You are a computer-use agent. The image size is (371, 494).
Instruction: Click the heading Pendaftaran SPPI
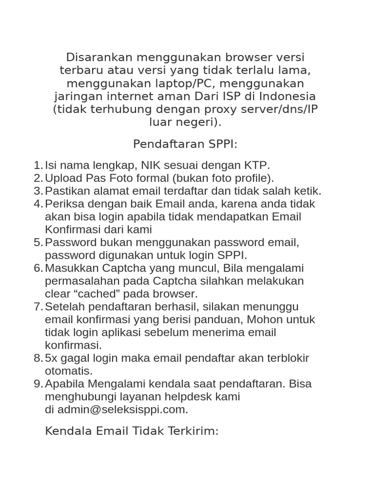point(185,144)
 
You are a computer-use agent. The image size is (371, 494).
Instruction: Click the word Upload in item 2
point(61,178)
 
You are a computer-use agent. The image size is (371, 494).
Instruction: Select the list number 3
point(38,191)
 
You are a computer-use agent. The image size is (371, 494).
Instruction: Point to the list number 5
point(38,242)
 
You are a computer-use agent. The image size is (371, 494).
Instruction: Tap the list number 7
point(38,307)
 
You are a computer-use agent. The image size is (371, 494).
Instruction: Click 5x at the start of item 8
point(51,358)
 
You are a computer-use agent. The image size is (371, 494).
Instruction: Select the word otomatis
point(68,371)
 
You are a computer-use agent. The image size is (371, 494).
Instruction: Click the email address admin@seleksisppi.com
point(122,410)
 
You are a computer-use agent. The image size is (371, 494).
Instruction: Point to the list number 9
point(38,384)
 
